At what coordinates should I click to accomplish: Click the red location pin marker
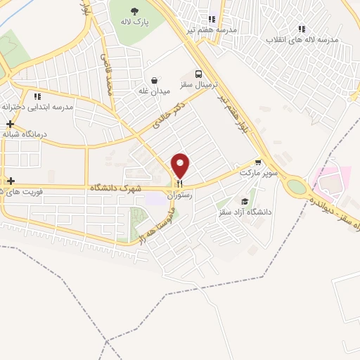181,165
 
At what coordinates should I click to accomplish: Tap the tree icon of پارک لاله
134,11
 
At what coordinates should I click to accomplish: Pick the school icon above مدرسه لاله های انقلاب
302,30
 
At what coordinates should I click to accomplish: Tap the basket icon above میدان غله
154,80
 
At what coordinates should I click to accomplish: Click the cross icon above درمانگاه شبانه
10,124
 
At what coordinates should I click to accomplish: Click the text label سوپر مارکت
258,172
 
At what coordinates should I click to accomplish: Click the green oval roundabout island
297,187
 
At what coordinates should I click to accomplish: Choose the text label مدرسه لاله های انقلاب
302,39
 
